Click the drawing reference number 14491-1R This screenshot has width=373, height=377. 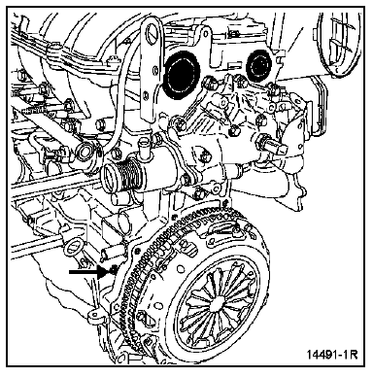(x=332, y=354)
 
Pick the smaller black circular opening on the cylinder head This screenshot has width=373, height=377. (x=260, y=66)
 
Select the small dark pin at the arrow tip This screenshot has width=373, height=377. (x=113, y=268)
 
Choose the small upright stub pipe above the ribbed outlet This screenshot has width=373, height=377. (x=143, y=148)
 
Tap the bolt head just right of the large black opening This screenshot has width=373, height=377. (x=208, y=83)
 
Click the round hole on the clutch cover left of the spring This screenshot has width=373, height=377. (x=158, y=306)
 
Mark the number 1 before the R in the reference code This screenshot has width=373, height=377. (x=346, y=354)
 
